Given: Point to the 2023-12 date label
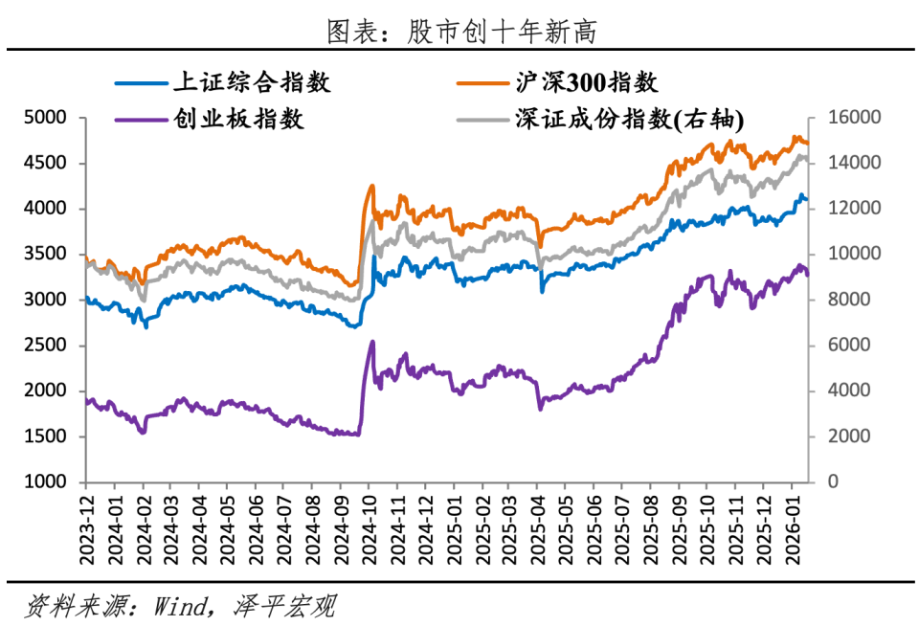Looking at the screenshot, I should [x=87, y=522].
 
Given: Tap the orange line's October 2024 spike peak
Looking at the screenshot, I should [x=371, y=186].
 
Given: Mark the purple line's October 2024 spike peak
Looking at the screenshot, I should [x=371, y=342].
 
